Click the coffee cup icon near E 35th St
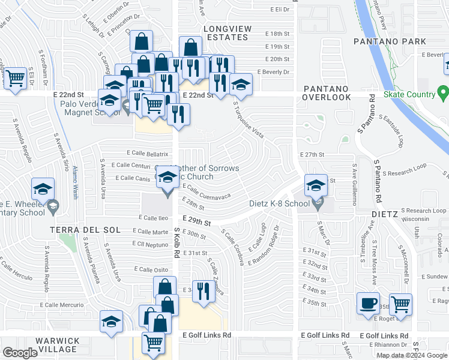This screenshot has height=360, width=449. tap(368, 303)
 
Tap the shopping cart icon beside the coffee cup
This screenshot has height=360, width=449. tap(400, 303)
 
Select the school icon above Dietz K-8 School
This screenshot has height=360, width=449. tap(316, 184)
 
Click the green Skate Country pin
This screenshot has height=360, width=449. tap(443, 94)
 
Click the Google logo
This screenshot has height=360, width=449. tap(20, 353)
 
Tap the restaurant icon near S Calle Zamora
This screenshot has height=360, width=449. tap(203, 291)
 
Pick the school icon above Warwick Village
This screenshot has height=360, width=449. tap(111, 321)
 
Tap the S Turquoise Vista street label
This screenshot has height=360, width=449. tap(249, 121)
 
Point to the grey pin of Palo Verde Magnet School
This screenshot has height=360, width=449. tap(127, 107)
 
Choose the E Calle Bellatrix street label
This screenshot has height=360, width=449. tap(148, 154)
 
